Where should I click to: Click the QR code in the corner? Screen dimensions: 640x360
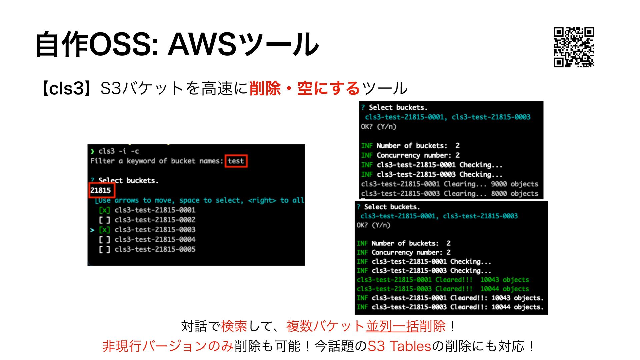574,47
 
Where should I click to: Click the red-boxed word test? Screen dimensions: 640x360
236,161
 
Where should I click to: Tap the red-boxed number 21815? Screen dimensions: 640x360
101,190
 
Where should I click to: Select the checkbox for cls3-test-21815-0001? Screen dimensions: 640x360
104,210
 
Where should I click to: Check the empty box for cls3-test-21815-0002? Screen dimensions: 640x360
104,220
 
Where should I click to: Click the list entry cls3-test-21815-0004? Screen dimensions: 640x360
155,239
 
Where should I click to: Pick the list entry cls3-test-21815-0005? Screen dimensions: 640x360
155,249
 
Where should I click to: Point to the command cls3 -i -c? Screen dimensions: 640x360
118,151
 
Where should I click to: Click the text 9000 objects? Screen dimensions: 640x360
514,184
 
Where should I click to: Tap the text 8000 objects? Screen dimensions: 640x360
514,194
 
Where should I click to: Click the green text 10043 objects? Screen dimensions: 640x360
504,280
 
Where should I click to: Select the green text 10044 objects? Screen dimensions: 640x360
504,289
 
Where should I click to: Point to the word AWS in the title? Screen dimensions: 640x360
202,44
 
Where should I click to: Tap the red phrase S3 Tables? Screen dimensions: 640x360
399,346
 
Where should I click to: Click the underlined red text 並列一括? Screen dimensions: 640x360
392,326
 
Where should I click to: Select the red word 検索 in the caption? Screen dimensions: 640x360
234,326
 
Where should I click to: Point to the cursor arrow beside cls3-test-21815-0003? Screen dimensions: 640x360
93,230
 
